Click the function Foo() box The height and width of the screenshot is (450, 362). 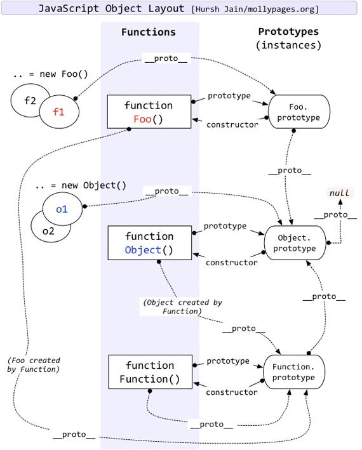149,112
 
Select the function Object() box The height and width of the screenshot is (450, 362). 149,243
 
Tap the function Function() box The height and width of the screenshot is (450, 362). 149,373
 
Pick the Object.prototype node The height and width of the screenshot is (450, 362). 294,243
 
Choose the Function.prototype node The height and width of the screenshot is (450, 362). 293,373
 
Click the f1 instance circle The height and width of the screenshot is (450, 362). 59,112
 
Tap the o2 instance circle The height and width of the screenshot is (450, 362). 47,231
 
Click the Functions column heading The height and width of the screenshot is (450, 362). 149,32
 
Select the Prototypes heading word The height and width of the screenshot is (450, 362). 288,32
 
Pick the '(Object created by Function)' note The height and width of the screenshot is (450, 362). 172,307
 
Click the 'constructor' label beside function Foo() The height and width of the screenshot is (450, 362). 232,124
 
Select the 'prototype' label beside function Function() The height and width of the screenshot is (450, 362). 228,361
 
